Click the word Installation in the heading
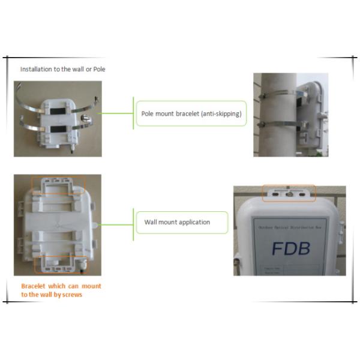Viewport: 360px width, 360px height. pyautogui.click(x=34, y=70)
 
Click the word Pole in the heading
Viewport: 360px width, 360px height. pyautogui.click(x=99, y=70)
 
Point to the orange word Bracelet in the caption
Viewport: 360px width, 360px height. pyautogui.click(x=34, y=286)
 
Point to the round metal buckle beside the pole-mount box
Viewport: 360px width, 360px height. pyautogui.click(x=88, y=118)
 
